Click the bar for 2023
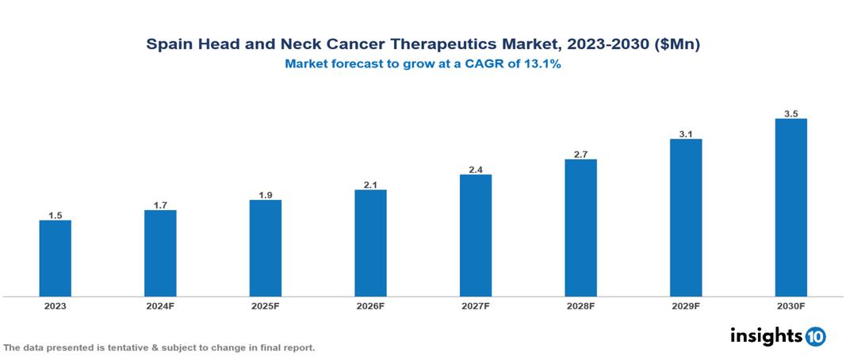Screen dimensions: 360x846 (56, 258)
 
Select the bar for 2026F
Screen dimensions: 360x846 (370, 243)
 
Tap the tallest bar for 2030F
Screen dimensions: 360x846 (790, 208)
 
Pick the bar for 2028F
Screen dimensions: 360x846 (580, 228)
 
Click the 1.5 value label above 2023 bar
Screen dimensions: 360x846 (56, 215)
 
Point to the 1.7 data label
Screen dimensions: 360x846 (160, 205)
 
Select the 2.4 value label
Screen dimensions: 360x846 (476, 170)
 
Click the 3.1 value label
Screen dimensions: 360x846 (686, 134)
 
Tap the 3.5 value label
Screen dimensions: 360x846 (790, 114)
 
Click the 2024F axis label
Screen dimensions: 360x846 (160, 306)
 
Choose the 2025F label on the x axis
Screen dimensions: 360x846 (266, 306)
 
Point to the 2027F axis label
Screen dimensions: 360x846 (476, 306)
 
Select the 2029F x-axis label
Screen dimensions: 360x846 (686, 306)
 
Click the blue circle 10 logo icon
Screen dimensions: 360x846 (815, 336)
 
